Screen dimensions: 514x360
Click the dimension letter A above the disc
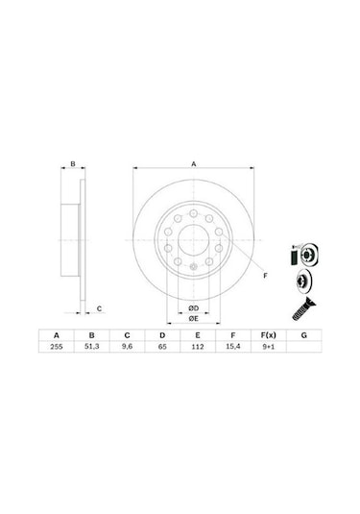point(193,164)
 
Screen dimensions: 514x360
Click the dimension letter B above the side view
point(73,164)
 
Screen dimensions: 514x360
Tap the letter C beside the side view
point(101,308)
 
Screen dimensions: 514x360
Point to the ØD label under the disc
point(193,306)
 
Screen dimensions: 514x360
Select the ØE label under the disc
point(193,318)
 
